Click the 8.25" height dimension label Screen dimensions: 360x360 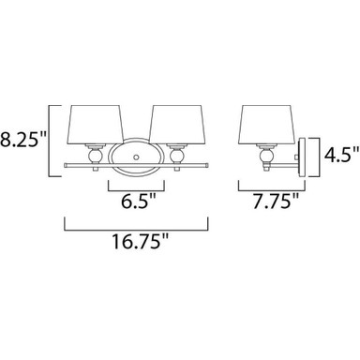[x=22, y=141]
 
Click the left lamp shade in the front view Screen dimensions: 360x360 [x=96, y=125]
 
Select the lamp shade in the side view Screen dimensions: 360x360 [x=267, y=125]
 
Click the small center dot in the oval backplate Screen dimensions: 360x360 [x=136, y=157]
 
